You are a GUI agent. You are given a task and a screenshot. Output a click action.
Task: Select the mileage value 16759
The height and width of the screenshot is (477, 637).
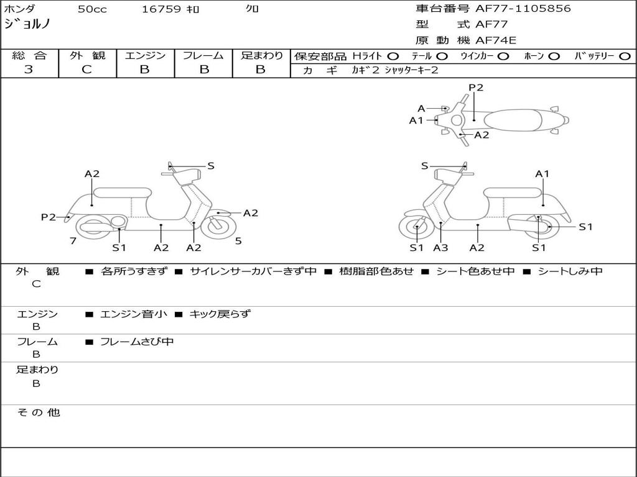point(161,9)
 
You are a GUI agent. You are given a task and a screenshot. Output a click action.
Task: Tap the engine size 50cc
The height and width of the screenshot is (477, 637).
point(91,9)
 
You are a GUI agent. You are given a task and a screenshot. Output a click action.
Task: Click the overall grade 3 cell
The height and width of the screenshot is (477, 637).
point(29,70)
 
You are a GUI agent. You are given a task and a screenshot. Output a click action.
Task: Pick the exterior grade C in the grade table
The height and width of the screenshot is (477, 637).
point(87,70)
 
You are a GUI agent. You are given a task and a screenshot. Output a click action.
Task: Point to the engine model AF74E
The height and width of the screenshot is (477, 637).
point(496,41)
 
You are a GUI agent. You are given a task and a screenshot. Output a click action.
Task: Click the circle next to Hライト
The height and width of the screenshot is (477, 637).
point(393,56)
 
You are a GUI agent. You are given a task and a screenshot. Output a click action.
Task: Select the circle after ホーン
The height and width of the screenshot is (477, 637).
point(554,56)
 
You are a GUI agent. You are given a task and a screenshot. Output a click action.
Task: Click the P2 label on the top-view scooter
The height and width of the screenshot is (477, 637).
point(476,88)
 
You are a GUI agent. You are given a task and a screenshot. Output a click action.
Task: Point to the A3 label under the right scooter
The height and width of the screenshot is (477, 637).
point(440,248)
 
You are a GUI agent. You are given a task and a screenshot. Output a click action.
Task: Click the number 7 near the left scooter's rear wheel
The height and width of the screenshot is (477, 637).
point(73,241)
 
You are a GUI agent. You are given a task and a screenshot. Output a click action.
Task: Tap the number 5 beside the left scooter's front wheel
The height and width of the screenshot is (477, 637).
point(238,241)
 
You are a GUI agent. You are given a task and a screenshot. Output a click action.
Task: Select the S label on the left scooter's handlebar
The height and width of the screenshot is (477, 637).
point(211,166)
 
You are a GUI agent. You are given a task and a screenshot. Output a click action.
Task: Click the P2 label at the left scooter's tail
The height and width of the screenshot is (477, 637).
point(49,217)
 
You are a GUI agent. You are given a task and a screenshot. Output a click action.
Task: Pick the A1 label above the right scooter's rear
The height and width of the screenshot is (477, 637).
point(542,174)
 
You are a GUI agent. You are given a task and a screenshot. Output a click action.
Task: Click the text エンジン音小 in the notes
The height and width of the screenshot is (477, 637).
point(134,314)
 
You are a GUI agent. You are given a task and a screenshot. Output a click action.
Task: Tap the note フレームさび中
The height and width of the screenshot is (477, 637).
point(137,342)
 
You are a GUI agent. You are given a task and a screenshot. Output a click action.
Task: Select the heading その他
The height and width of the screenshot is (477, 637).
point(38,412)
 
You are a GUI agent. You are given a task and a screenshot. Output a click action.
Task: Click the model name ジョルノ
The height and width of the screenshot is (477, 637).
point(27,24)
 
